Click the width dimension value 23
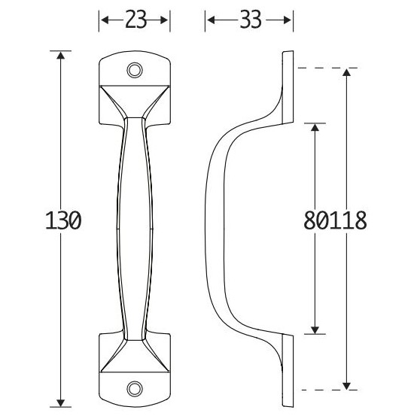(135, 21)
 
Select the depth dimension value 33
(248, 21)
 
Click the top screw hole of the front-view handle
(135, 70)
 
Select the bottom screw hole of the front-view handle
(135, 387)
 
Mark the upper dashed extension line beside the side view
(316, 68)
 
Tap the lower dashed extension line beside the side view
(316, 390)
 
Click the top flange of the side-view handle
(287, 75)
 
